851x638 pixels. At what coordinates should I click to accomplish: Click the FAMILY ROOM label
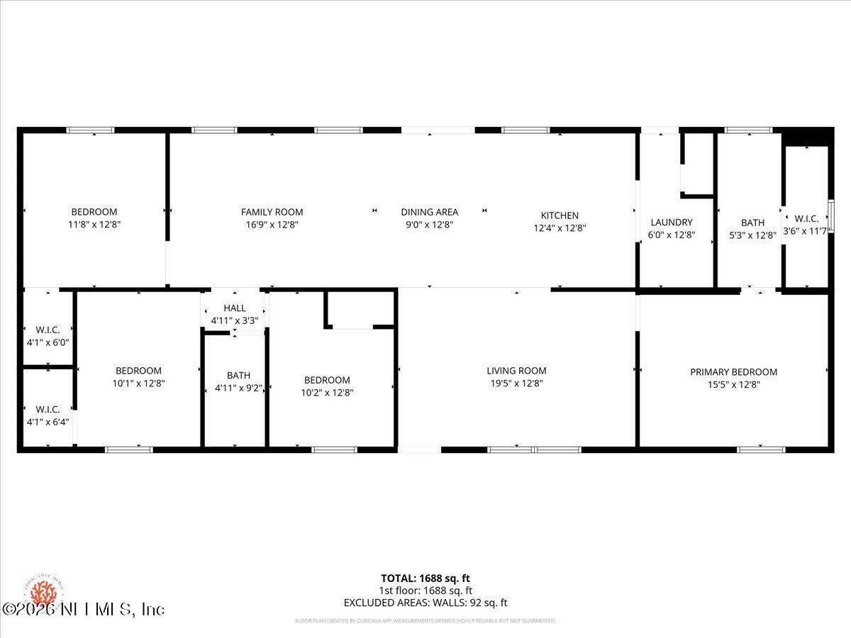pos(272,212)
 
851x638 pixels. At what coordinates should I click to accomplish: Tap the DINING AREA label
pos(429,212)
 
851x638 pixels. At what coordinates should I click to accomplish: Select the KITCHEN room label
pos(560,216)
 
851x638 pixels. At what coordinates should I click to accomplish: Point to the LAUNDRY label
pos(671,223)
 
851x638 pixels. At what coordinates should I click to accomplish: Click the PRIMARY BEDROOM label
pos(733,372)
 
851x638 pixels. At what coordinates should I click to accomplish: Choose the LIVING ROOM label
pos(516,371)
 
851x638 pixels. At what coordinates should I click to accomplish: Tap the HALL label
pos(234,308)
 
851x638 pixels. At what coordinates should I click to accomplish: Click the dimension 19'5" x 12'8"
pos(516,384)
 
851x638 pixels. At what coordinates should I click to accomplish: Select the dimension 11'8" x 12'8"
pos(94,225)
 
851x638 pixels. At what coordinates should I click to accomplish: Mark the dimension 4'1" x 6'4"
pos(48,422)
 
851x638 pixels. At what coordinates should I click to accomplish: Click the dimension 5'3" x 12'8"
pos(752,235)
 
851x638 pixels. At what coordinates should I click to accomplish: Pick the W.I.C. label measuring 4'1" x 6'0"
pos(48,330)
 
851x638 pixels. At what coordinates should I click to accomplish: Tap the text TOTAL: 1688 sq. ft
pos(425,578)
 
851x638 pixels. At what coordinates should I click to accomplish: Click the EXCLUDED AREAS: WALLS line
pos(425,603)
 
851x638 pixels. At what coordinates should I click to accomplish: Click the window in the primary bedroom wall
pos(761,449)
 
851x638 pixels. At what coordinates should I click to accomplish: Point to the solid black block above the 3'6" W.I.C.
pos(808,137)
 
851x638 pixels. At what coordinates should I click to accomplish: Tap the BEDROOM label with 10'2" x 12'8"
pos(327,380)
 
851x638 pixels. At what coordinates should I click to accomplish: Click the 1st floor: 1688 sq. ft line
pos(425,591)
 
